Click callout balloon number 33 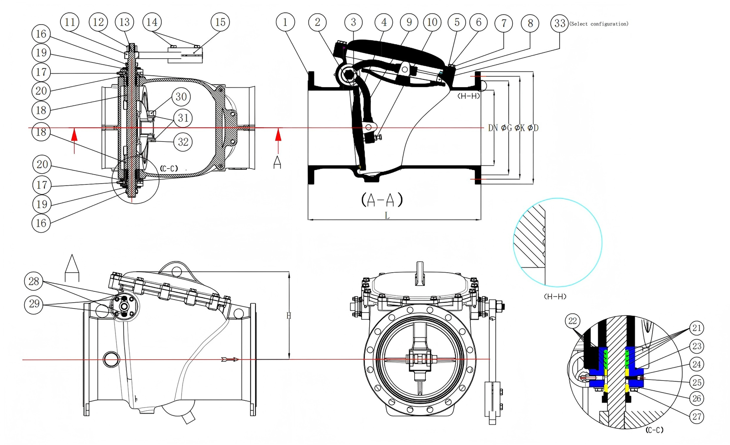click(560, 23)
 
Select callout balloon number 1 click(285, 22)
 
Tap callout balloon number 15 click(220, 22)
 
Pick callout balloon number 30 click(181, 97)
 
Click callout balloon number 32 click(183, 142)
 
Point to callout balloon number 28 click(34, 281)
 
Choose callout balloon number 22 click(573, 321)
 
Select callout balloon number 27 click(696, 416)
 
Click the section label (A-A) click(382, 200)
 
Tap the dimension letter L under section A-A click(387, 216)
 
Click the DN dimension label click(493, 128)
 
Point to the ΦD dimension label click(533, 128)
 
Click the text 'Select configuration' click(599, 24)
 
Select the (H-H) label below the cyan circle click(555, 296)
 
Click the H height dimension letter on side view click(288, 316)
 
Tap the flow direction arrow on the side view click(229, 359)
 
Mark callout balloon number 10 click(432, 22)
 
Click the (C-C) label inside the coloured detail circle click(654, 430)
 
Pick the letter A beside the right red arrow click(277, 162)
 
